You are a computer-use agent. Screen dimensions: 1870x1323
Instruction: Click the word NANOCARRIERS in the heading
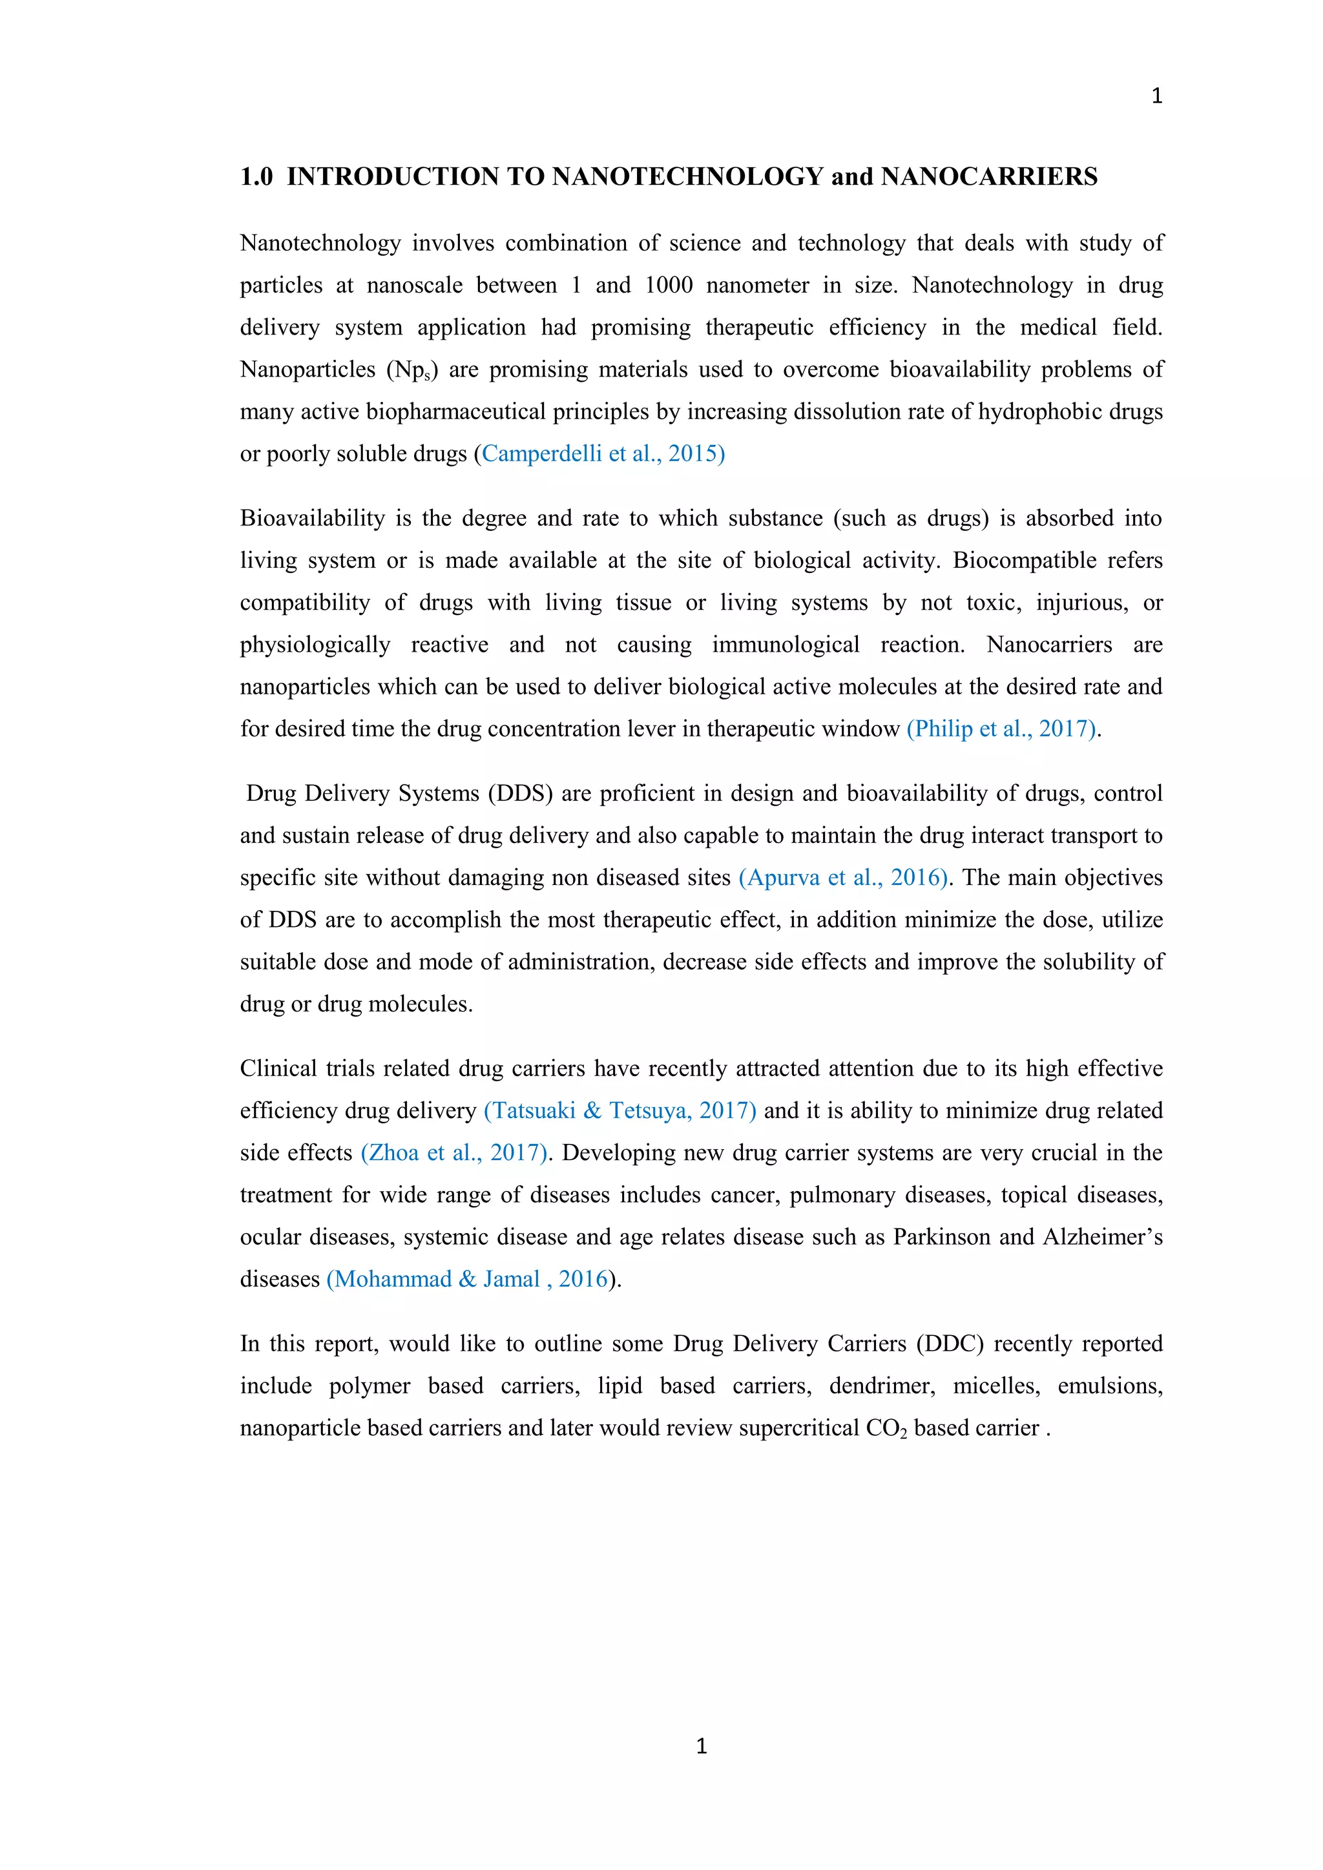pyautogui.click(x=989, y=177)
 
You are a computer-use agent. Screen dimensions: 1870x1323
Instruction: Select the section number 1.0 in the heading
pyautogui.click(x=256, y=177)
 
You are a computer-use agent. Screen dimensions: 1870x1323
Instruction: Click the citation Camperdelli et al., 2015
pyautogui.click(x=602, y=453)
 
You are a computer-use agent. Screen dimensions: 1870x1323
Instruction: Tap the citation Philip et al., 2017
pyautogui.click(x=1002, y=729)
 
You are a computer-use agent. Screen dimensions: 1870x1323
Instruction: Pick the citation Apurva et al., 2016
pyautogui.click(x=843, y=878)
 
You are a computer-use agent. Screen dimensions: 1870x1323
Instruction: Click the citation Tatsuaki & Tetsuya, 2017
pyautogui.click(x=620, y=1111)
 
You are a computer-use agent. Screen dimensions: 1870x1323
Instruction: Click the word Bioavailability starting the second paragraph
pyautogui.click(x=312, y=519)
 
